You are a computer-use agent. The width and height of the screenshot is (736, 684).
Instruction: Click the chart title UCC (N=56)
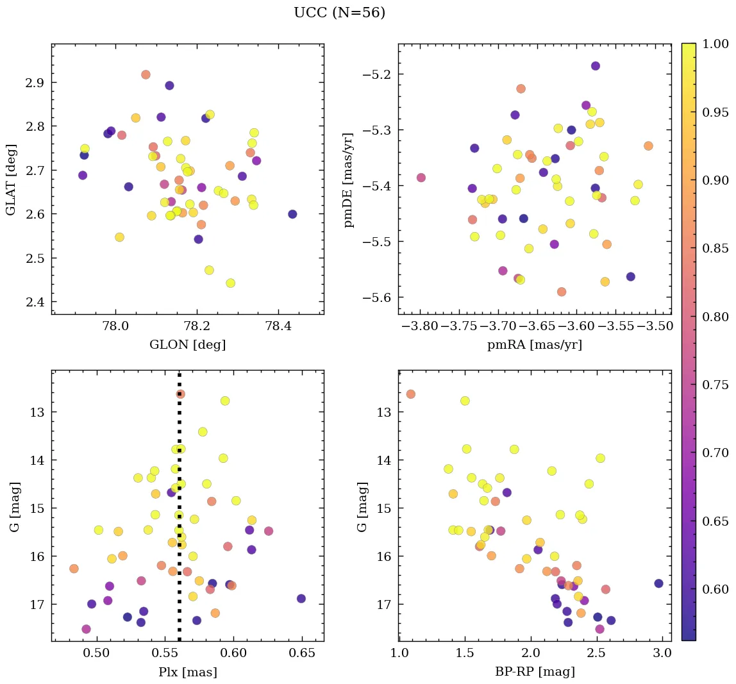pyautogui.click(x=339, y=13)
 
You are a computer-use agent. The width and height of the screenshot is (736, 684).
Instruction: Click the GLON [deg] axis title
pyautogui.click(x=187, y=345)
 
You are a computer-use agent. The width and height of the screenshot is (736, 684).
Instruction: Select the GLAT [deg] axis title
pyautogui.click(x=11, y=179)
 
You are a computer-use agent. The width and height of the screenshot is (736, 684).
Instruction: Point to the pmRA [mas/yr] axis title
pyautogui.click(x=535, y=345)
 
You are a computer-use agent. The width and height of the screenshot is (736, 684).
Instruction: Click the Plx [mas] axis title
pyautogui.click(x=187, y=672)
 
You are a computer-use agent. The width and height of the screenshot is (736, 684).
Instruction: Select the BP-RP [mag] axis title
pyautogui.click(x=535, y=672)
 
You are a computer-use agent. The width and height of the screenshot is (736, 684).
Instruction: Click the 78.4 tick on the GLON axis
pyautogui.click(x=278, y=326)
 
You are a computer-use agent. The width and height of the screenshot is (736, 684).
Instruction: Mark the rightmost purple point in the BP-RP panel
pyautogui.click(x=658, y=583)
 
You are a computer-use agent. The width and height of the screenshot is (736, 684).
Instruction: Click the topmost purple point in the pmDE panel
pyautogui.click(x=595, y=66)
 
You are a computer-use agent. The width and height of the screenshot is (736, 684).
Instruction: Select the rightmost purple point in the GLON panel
pyautogui.click(x=292, y=214)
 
